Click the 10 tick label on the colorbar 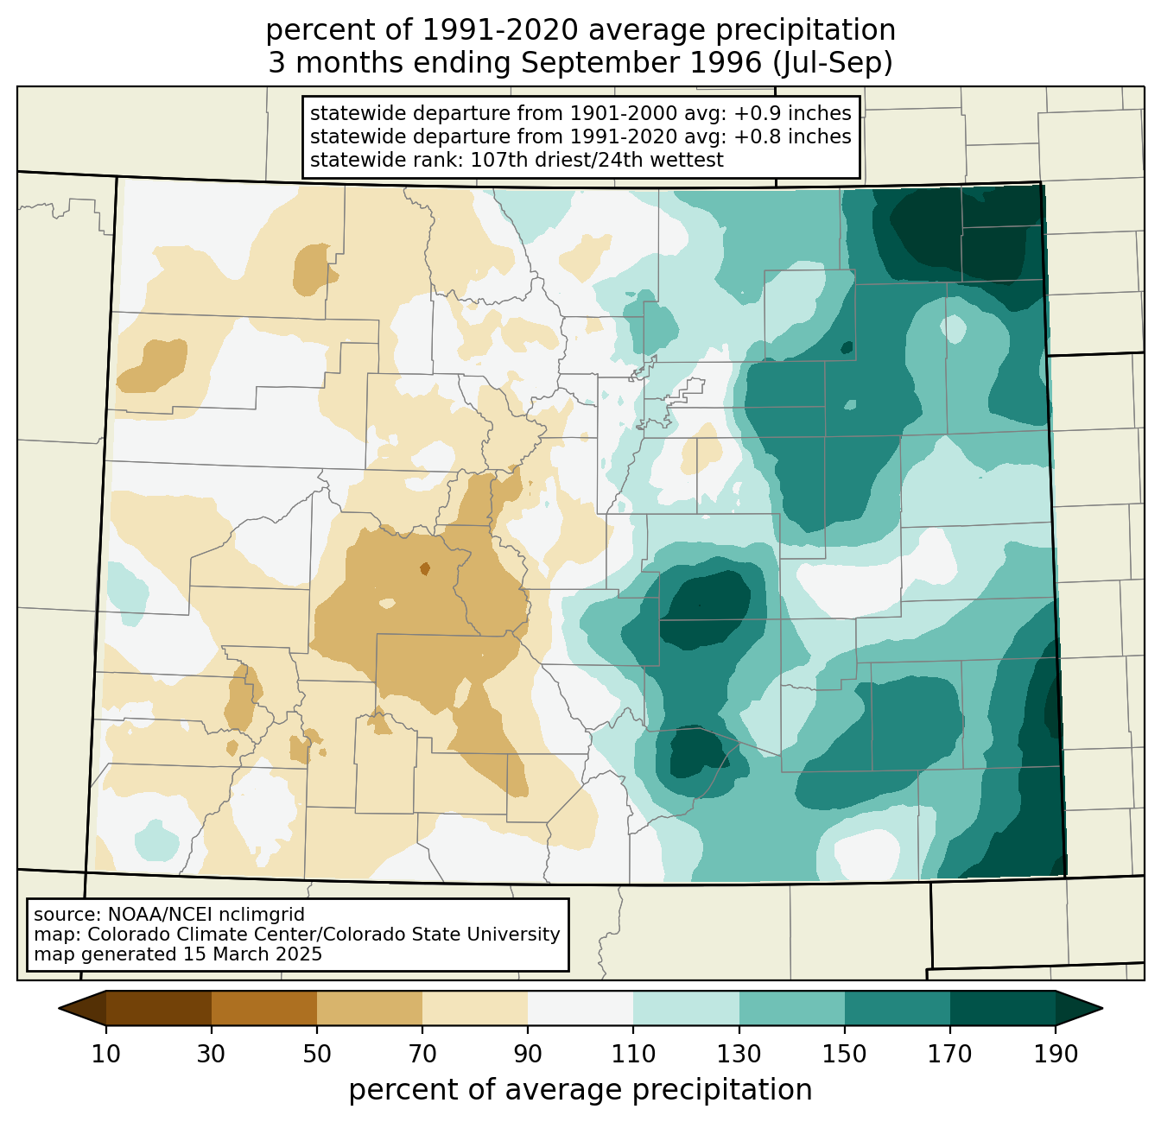pyautogui.click(x=105, y=1054)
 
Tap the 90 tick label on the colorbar pyautogui.click(x=528, y=1054)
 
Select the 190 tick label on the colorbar pyautogui.click(x=1056, y=1054)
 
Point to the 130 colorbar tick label pyautogui.click(x=739, y=1054)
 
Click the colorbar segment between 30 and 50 pyautogui.click(x=263, y=1008)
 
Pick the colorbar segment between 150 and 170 pyautogui.click(x=897, y=1008)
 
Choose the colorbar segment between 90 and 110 pyautogui.click(x=580, y=1008)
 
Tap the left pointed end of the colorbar pyautogui.click(x=60, y=1008)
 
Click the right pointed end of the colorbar pyautogui.click(x=1101, y=1008)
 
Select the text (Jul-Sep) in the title pyautogui.click(x=833, y=63)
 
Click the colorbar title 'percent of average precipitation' pyautogui.click(x=580, y=1089)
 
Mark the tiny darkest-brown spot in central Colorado pyautogui.click(x=424, y=568)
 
